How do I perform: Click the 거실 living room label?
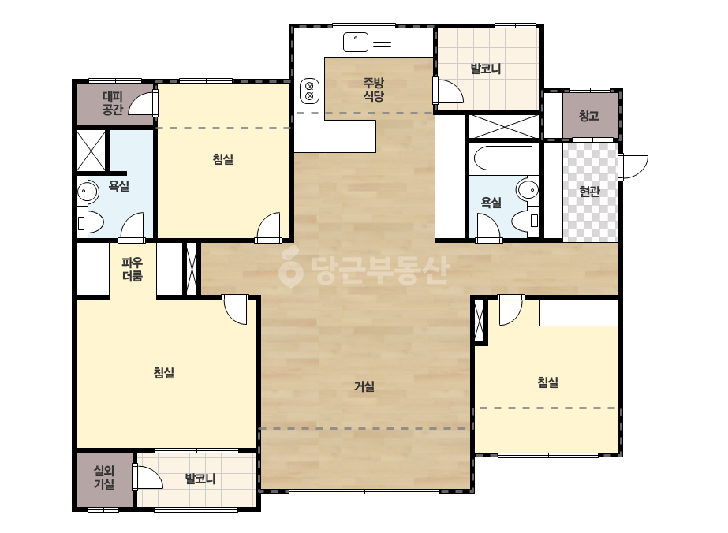(x=364, y=386)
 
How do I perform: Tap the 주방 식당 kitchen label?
(x=373, y=90)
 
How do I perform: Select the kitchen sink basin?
(x=356, y=43)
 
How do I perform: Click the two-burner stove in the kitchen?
(x=309, y=91)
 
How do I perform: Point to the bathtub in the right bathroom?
(x=503, y=158)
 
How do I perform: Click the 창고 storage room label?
(x=589, y=116)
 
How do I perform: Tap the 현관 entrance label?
(x=590, y=191)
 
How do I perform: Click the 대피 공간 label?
(x=112, y=103)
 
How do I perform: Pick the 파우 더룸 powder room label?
(x=133, y=270)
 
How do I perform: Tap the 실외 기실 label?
(x=104, y=477)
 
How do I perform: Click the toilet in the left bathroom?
(x=91, y=223)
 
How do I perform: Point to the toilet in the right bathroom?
(x=526, y=221)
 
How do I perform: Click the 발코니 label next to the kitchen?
(x=486, y=69)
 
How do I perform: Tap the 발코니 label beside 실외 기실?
(x=200, y=479)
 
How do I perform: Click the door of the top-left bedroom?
(x=269, y=228)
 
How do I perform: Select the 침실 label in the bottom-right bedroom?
(x=548, y=382)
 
